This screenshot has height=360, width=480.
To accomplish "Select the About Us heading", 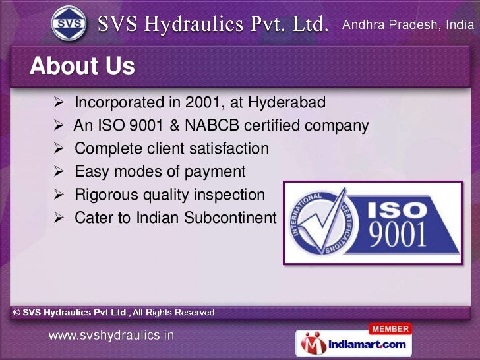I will coord(82,66).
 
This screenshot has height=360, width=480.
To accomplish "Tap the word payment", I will coord(213,172).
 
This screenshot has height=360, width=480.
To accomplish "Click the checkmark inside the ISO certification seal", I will coord(322,221).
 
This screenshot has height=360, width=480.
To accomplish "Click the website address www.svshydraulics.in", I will coord(111,335).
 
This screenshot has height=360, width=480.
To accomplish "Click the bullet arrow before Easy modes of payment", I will coord(58,172).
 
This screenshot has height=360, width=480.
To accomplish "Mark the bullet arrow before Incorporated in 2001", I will coord(58,103).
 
